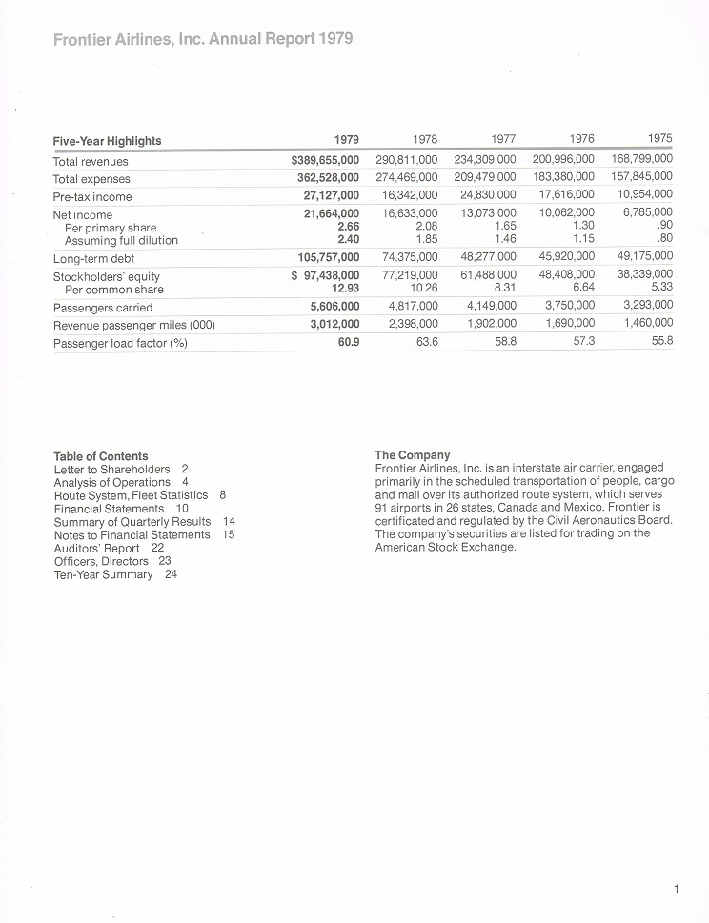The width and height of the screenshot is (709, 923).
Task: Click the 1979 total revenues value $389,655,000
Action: (325, 161)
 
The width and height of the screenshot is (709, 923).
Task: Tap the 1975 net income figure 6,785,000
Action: (648, 212)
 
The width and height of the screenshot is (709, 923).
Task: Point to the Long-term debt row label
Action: (92, 258)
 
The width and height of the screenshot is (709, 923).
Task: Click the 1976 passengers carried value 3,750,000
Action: (569, 306)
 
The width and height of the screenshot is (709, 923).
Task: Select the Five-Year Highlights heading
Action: (107, 141)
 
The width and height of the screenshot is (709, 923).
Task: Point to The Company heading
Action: (413, 455)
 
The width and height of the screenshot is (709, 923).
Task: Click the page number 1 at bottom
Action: (676, 889)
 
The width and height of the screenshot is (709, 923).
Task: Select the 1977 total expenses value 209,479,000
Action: (485, 178)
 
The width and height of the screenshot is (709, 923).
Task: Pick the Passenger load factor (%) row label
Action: (119, 343)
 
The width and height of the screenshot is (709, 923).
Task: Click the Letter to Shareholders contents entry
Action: (121, 469)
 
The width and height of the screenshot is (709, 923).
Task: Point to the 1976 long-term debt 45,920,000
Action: (562, 256)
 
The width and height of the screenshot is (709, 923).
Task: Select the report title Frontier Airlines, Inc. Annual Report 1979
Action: (203, 39)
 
